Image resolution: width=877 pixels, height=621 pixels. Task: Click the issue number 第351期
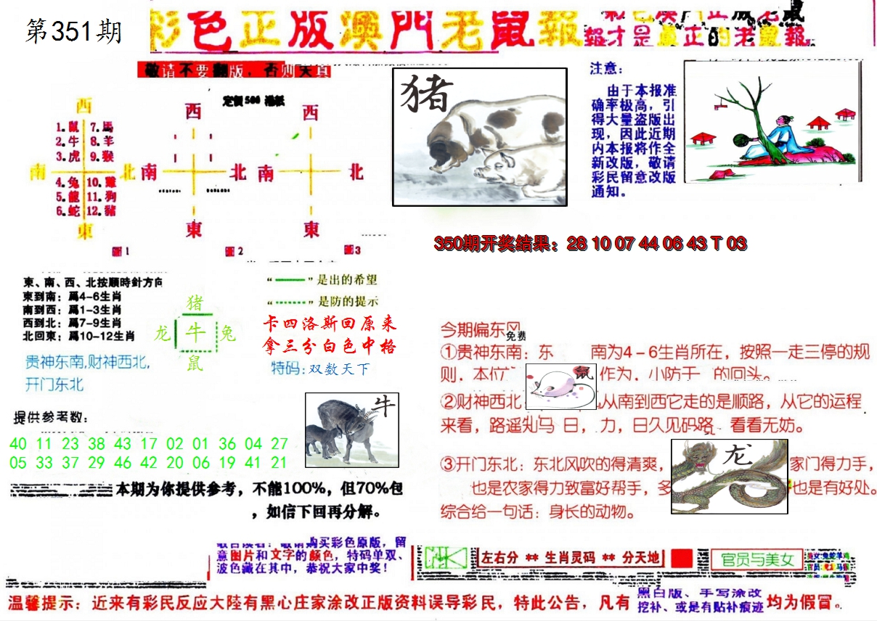pyautogui.click(x=73, y=31)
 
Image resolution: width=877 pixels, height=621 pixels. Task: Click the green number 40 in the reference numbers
pyautogui.click(x=19, y=443)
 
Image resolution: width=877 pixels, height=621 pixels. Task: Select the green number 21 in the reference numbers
pyautogui.click(x=279, y=463)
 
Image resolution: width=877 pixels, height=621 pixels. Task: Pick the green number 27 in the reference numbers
pyautogui.click(x=279, y=443)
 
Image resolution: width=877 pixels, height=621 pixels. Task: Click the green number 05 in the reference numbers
pyautogui.click(x=19, y=463)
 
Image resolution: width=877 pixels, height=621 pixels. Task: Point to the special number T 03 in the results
pyautogui.click(x=728, y=244)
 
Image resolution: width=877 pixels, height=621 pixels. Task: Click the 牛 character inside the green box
pyautogui.click(x=195, y=333)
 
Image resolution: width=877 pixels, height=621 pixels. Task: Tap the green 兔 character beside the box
pyautogui.click(x=227, y=334)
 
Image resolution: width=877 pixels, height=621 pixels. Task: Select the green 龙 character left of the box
pyautogui.click(x=162, y=334)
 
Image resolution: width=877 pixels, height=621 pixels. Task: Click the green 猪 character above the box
pyautogui.click(x=195, y=303)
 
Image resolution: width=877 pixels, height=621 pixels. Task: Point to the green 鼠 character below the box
pyautogui.click(x=195, y=363)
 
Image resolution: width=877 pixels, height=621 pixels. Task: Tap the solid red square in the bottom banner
pyautogui.click(x=682, y=559)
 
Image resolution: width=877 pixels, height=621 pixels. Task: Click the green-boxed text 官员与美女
pyautogui.click(x=757, y=559)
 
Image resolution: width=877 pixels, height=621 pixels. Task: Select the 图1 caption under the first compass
pyautogui.click(x=121, y=252)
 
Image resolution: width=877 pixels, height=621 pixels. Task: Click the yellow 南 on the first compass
pyautogui.click(x=37, y=172)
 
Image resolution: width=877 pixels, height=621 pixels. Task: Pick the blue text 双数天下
pyautogui.click(x=339, y=369)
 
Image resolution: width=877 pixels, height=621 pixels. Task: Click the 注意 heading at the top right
pyautogui.click(x=606, y=68)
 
